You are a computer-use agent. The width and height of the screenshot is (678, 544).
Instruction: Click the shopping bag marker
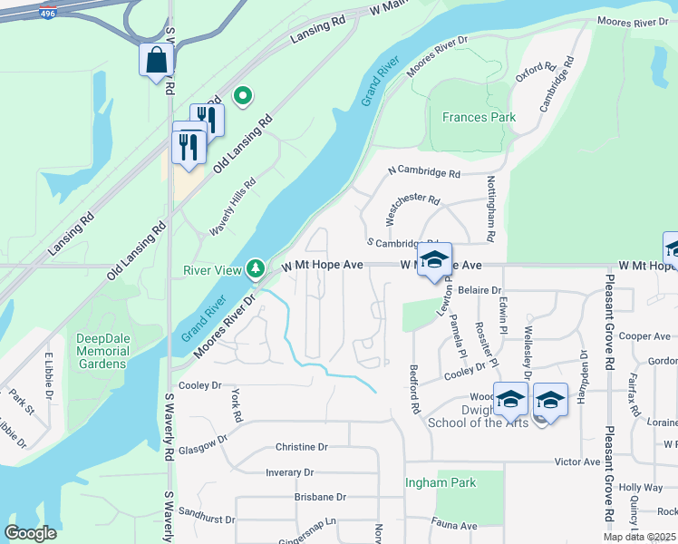tap(156, 60)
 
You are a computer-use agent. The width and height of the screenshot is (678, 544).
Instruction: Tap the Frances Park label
tap(479, 117)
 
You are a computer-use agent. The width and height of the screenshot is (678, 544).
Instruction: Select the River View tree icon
tap(257, 267)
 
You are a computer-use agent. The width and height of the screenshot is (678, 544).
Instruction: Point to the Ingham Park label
tap(441, 482)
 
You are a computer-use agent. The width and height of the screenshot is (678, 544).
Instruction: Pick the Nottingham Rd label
tap(490, 208)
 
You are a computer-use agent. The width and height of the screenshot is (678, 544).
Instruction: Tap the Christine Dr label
tap(301, 447)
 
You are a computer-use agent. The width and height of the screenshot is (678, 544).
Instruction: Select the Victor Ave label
tap(577, 461)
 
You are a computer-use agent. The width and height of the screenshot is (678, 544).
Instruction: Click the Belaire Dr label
tap(479, 289)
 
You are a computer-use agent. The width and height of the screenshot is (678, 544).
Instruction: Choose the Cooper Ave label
tap(644, 335)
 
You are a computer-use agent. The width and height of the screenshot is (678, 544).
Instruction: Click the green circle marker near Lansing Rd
tap(242, 94)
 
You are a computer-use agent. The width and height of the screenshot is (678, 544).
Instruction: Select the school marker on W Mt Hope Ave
tap(434, 259)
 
